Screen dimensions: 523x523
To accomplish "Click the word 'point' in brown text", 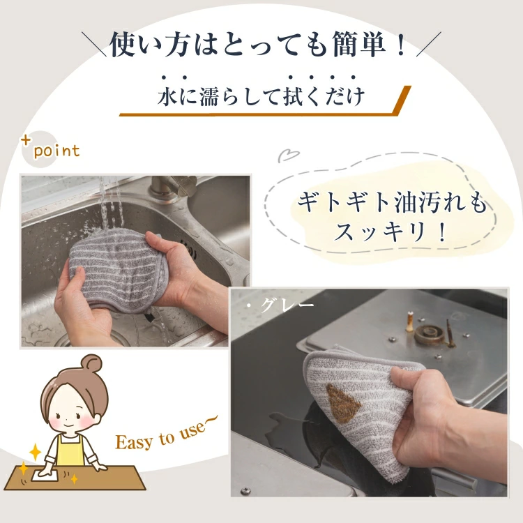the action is point(56,151).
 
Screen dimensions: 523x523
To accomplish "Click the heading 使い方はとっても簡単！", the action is point(259,45).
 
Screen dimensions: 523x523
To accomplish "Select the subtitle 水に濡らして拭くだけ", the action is point(261,96).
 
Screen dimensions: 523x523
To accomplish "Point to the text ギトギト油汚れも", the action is point(392,202).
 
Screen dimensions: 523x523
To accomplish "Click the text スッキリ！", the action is point(391,232).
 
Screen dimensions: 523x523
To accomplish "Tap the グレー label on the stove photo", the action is point(287,305).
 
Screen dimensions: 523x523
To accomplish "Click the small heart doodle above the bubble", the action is point(289,156).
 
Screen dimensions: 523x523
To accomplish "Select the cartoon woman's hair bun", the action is point(91,363).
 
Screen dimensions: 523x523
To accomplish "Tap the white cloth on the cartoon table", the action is point(47,474).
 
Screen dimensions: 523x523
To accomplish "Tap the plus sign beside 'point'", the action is point(26,140).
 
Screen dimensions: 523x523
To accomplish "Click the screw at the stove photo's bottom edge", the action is point(246,490).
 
